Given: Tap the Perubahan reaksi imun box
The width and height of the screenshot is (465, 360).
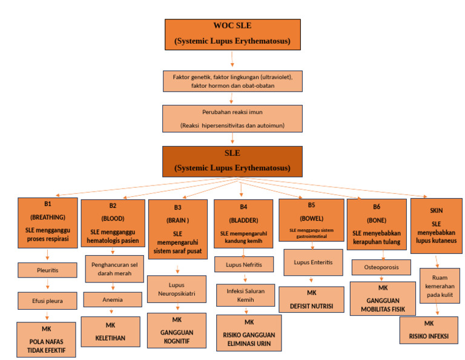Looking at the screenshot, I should (x=232, y=119).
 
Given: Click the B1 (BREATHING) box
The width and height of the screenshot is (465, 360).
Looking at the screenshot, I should (x=48, y=223).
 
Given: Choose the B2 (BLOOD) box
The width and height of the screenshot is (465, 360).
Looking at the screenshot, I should (x=113, y=224).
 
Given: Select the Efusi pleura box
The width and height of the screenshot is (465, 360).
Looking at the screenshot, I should (x=47, y=300).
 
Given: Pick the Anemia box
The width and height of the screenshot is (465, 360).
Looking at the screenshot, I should (x=113, y=299).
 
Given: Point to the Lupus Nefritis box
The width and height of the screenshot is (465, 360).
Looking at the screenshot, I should (x=242, y=265).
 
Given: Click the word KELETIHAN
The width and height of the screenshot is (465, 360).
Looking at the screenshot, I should (x=113, y=338).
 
